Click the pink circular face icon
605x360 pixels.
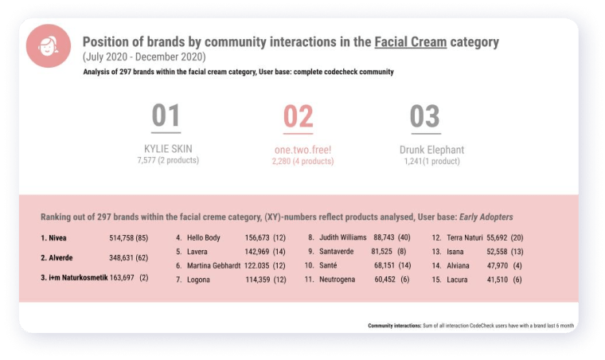coord(49,46)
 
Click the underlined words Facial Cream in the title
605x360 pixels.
coord(411,41)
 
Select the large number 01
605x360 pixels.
coord(166,115)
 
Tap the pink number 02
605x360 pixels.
coord(298,116)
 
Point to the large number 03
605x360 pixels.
coord(425,116)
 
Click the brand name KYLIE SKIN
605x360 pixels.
coord(168,149)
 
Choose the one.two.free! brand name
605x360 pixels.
coord(302,150)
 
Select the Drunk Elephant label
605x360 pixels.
coord(431,150)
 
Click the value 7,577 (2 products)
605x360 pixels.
coord(168,160)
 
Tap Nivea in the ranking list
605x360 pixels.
coord(57,238)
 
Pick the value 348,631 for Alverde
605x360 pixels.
coord(121,257)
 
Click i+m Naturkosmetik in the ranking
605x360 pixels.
coord(78,277)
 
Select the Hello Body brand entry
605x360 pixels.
coord(203,237)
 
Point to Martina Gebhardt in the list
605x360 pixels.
coord(214,265)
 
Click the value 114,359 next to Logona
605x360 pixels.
coord(258,280)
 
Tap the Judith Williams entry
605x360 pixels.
coord(342,237)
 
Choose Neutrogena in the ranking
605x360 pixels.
coord(337,280)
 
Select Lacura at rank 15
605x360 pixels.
coord(457,280)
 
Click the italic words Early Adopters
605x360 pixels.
coord(486,217)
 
